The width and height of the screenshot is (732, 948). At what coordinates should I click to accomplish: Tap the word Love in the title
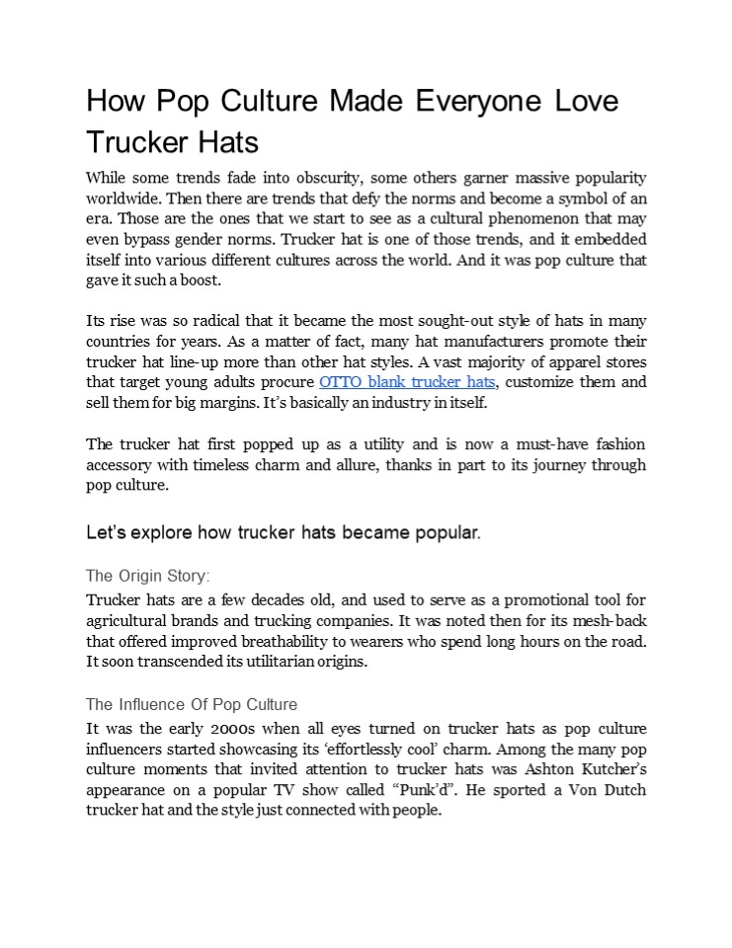[x=585, y=103]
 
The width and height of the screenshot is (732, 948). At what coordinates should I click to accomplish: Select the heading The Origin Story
[x=148, y=576]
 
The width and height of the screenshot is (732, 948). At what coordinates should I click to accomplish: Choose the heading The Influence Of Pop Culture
[x=192, y=705]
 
